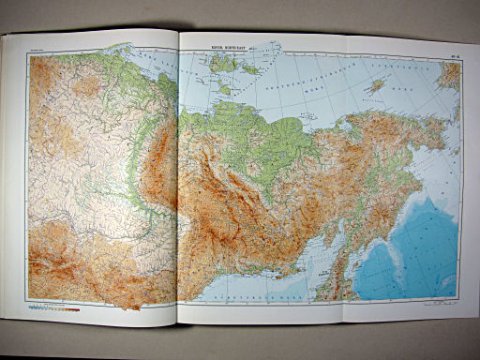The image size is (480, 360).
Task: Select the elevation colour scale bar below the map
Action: (x=52, y=306)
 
